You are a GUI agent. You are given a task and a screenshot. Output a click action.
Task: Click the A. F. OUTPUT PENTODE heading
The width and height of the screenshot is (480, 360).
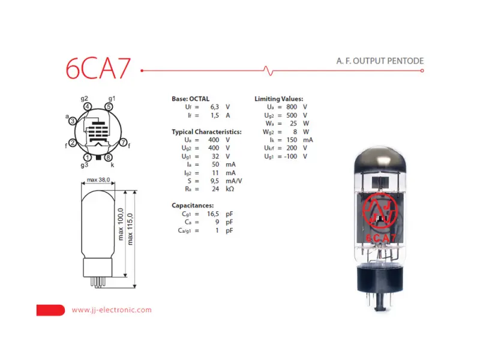pos(380,61)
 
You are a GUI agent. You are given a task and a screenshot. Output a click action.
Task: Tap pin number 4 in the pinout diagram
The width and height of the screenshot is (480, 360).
pos(88,107)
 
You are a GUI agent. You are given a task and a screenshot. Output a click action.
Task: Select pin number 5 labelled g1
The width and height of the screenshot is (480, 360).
pos(108,107)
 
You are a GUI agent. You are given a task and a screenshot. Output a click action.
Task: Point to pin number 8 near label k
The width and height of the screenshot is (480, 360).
pos(108,157)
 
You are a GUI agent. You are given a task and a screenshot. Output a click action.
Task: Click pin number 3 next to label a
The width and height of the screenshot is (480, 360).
pos(73,121)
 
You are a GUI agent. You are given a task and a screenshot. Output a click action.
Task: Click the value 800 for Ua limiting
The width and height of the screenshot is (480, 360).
pos(292,106)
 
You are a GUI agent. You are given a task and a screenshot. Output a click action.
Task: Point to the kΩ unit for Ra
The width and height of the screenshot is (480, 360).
pos(230,188)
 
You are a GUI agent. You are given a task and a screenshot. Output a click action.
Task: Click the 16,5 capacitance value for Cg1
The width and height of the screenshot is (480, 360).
pos(213,214)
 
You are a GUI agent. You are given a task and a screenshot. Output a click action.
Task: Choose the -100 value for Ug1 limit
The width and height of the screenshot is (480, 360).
pos(290,157)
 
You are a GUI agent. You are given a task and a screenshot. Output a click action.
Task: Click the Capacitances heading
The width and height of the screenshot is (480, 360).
pos(193,205)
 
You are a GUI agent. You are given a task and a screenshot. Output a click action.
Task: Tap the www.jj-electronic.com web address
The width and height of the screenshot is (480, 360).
pos(112,310)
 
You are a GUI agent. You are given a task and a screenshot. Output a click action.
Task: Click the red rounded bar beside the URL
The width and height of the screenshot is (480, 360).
pos(50,310)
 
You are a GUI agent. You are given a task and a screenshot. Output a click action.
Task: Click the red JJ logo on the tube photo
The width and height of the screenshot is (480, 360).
pos(382,213)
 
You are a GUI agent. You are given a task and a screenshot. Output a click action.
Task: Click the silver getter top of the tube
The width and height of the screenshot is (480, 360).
pos(382,157)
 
